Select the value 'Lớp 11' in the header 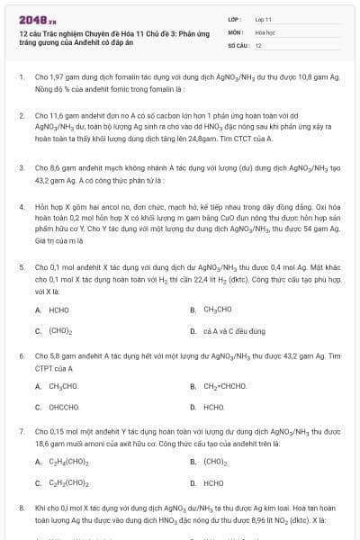click(x=263, y=18)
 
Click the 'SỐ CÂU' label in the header click(x=238, y=44)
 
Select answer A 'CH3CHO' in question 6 click(x=63, y=386)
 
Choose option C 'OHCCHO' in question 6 click(x=64, y=407)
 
